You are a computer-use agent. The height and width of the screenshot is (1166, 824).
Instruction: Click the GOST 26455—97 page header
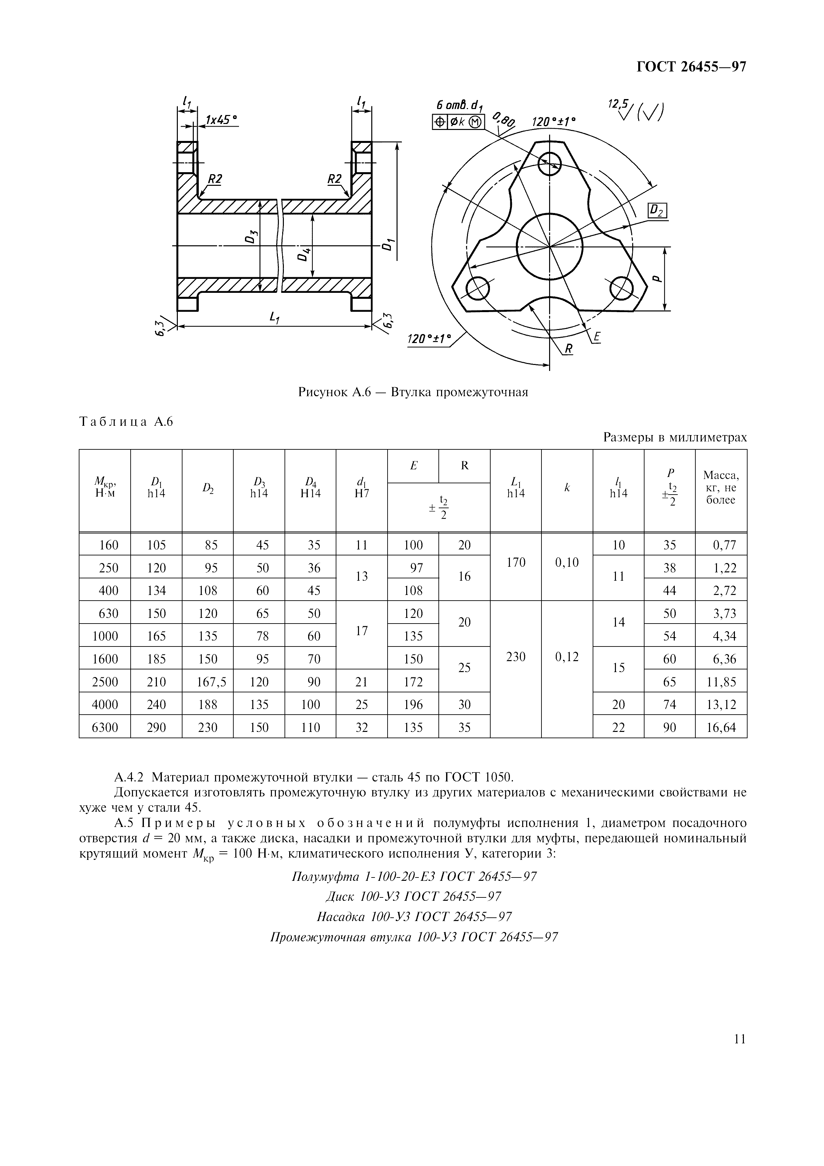[x=691, y=67]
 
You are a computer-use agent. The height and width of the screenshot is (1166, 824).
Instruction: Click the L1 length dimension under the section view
[x=275, y=318]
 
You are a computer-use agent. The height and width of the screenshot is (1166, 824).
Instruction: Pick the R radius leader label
[x=568, y=349]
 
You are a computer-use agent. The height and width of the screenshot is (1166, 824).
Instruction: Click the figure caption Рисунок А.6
[x=413, y=392]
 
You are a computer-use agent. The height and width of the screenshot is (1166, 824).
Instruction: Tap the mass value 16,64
[x=721, y=727]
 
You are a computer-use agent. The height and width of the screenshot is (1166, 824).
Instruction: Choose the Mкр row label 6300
[x=105, y=727]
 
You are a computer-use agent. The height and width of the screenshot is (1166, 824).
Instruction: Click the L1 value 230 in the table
[x=516, y=657]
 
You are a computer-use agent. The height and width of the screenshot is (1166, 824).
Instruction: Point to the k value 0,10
[x=567, y=562]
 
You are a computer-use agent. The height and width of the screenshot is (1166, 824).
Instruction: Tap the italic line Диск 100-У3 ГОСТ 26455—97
[x=413, y=896]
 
